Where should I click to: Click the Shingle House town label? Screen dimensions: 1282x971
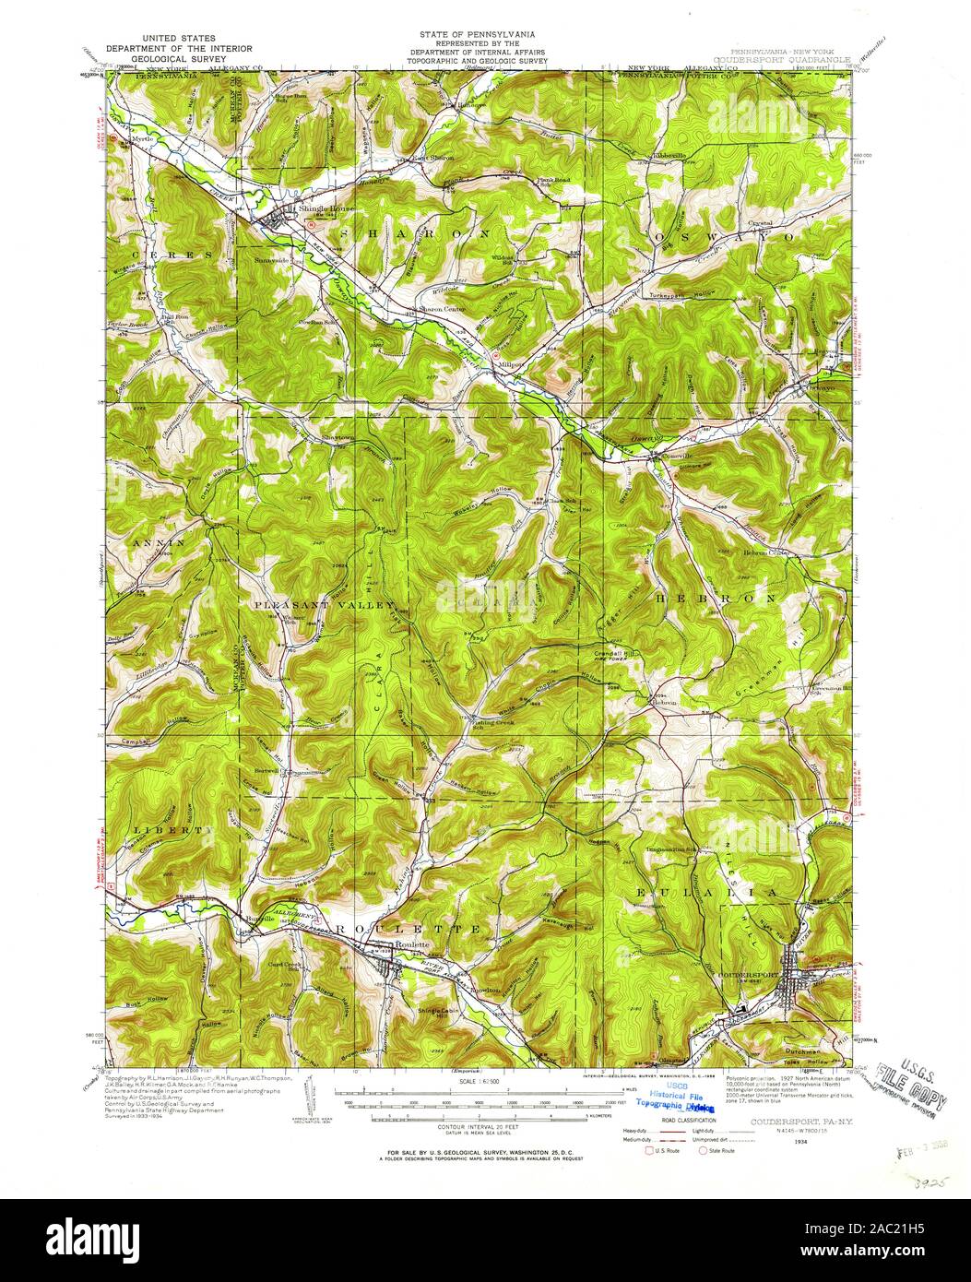313,208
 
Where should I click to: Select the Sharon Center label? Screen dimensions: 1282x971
441,309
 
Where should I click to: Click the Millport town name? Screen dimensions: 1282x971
511,364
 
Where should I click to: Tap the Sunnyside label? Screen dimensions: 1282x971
273,260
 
